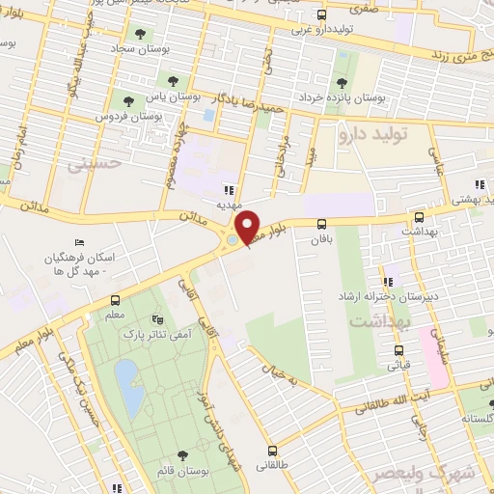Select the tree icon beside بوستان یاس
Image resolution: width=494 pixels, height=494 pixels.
(172, 82)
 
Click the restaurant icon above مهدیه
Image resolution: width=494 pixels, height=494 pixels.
(230, 190)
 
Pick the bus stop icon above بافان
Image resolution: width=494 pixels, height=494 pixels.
(320, 222)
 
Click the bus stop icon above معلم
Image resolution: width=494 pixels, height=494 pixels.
(116, 299)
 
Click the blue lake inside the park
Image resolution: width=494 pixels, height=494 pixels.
(126, 377)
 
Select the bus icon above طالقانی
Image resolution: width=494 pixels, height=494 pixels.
(274, 450)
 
